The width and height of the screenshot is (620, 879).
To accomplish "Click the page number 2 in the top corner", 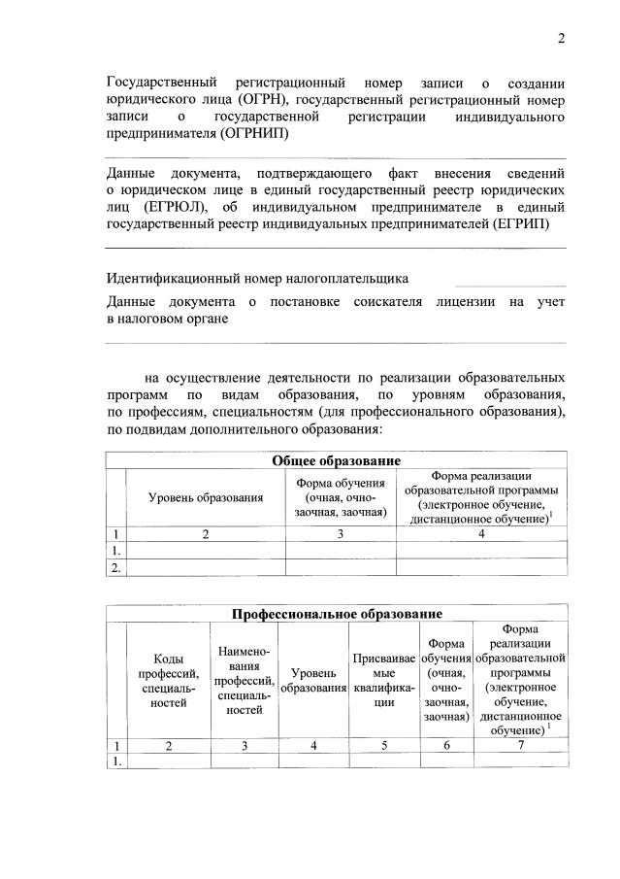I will coord(561,39).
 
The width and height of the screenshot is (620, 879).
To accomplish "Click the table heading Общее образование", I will coord(337,460).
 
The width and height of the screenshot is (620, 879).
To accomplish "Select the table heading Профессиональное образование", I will coord(337,614).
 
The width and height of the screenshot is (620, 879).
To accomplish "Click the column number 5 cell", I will coord(384,745).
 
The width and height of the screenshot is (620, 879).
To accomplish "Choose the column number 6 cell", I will coord(446,745).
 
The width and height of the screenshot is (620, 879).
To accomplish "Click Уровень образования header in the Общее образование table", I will coord(206,497).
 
